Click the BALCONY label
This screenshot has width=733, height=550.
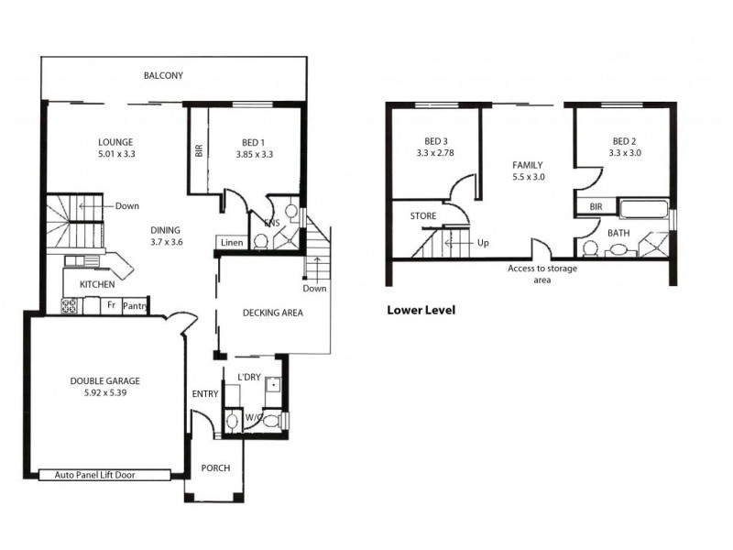(x=164, y=75)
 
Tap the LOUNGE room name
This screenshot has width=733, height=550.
(x=116, y=142)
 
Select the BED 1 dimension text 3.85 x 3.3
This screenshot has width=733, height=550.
(x=253, y=155)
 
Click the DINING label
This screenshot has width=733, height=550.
(x=166, y=230)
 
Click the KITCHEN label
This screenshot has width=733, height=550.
(x=96, y=285)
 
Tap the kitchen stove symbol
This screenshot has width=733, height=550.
(x=70, y=304)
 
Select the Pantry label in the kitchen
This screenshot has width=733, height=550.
(x=135, y=304)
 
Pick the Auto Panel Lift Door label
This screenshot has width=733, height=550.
(x=105, y=475)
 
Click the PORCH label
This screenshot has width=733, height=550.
(x=215, y=468)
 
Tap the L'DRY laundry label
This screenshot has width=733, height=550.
(x=249, y=378)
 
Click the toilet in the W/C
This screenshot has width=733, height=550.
(x=233, y=422)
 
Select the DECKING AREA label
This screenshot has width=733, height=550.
(x=272, y=313)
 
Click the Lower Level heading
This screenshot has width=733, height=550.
(x=421, y=310)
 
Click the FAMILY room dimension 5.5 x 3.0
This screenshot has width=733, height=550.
(x=527, y=177)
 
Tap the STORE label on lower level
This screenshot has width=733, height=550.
(x=423, y=216)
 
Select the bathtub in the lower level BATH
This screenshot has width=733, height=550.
(x=644, y=210)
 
